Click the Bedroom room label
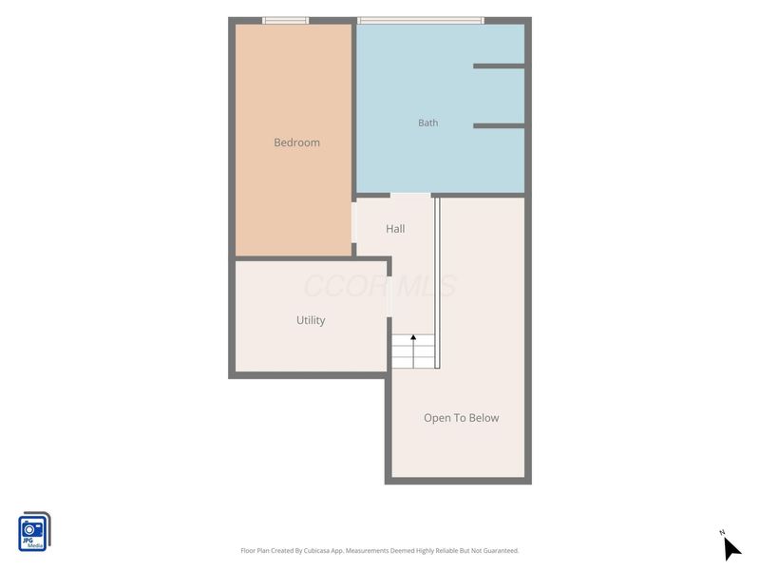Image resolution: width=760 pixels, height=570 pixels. [296, 142]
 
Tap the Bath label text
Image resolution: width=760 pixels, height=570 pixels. [428, 123]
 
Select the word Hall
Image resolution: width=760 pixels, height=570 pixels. [395, 229]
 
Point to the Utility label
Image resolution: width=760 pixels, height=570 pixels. [311, 320]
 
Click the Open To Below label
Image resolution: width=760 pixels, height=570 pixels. [461, 418]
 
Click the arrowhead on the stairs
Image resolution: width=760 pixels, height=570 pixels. [413, 337]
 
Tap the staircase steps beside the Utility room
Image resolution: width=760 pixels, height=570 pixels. [413, 351]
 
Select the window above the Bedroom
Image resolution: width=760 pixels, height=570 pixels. [286, 20]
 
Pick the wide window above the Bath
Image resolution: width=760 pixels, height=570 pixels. [421, 20]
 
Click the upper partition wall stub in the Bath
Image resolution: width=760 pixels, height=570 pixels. [499, 66]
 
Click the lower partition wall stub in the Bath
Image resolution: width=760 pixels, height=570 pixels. [499, 126]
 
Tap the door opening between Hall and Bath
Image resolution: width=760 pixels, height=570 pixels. [410, 195]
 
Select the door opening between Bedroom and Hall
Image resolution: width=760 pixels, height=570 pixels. [353, 222]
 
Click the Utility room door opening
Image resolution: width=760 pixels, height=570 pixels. [389, 296]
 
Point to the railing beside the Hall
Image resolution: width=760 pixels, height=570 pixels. [437, 283]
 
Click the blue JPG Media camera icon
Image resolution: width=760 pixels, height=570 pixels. [34, 532]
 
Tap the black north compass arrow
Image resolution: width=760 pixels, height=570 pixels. [731, 549]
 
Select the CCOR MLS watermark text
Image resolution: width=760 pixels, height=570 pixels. [380, 286]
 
